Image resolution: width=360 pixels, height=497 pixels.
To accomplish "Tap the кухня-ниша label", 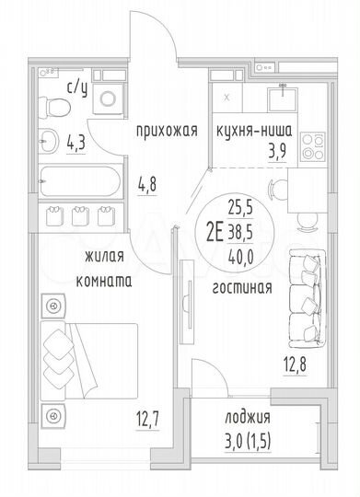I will coord(261,130).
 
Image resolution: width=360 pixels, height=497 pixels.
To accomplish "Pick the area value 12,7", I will coord(134,423).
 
